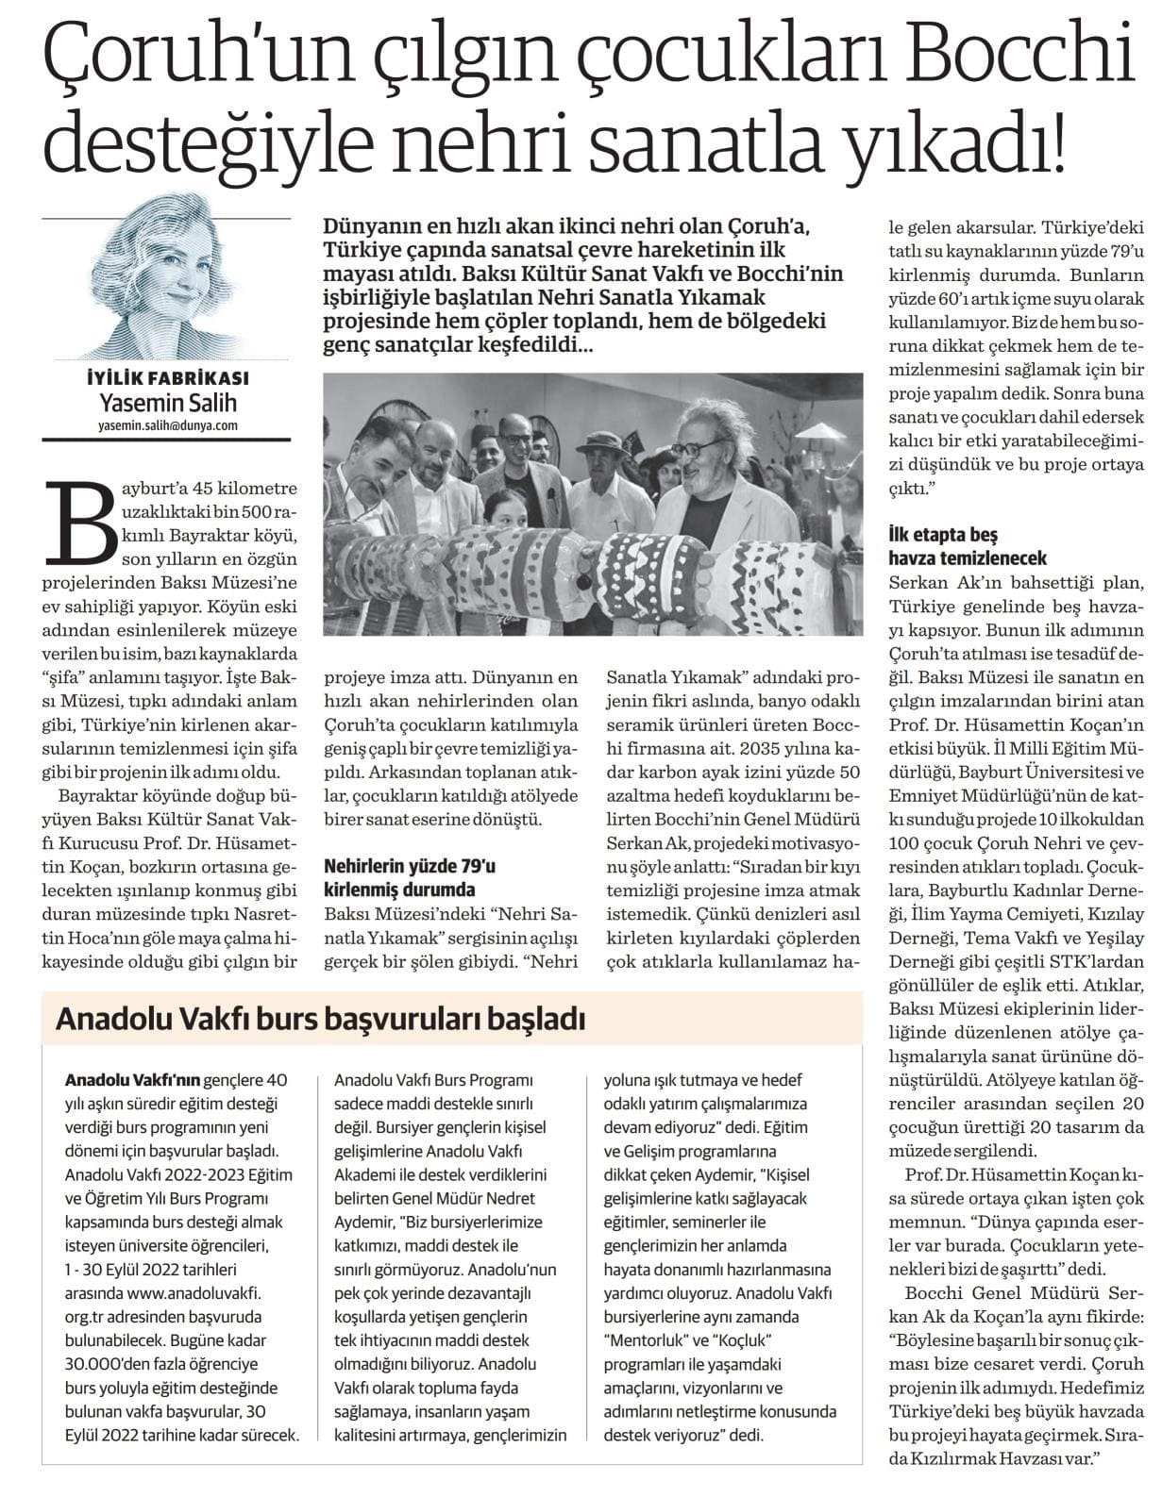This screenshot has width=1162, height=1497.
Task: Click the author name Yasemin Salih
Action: [x=168, y=403]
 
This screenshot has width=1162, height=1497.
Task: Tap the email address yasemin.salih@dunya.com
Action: [x=167, y=425]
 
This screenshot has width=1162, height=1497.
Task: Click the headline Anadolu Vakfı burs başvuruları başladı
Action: [x=321, y=1019]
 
